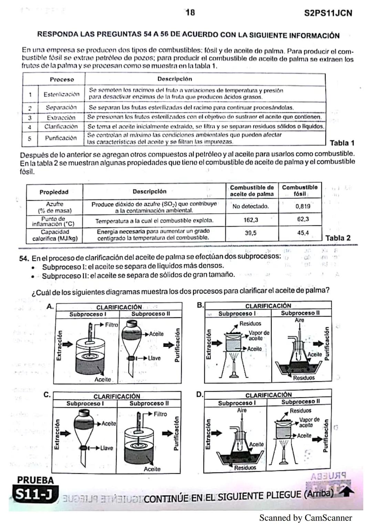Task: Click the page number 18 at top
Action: point(190,13)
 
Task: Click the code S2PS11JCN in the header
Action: point(328,13)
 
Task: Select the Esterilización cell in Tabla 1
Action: point(61,94)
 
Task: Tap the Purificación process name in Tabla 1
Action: point(61,138)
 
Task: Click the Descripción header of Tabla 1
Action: point(175,79)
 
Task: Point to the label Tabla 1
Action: point(342,143)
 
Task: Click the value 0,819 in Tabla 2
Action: point(303,206)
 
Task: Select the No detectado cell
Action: point(250,206)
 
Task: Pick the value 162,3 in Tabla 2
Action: point(251,220)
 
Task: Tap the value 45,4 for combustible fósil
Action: point(303,233)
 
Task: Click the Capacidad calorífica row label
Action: point(55,235)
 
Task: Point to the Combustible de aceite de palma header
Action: point(252,191)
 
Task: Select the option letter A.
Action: point(50,306)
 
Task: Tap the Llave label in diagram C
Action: point(106,448)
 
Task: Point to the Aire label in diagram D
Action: point(242,410)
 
